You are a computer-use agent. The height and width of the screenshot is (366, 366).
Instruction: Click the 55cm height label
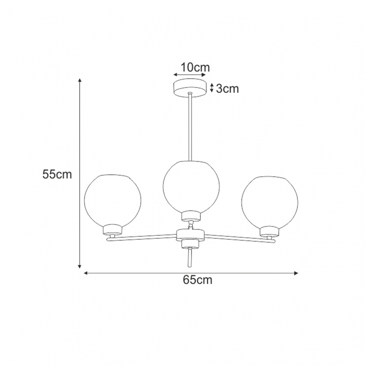point(57,174)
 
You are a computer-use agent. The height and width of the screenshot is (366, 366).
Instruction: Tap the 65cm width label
point(198,280)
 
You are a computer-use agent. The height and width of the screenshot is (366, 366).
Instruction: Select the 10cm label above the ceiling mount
point(195,67)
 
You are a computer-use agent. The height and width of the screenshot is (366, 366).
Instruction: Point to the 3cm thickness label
point(227,88)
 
